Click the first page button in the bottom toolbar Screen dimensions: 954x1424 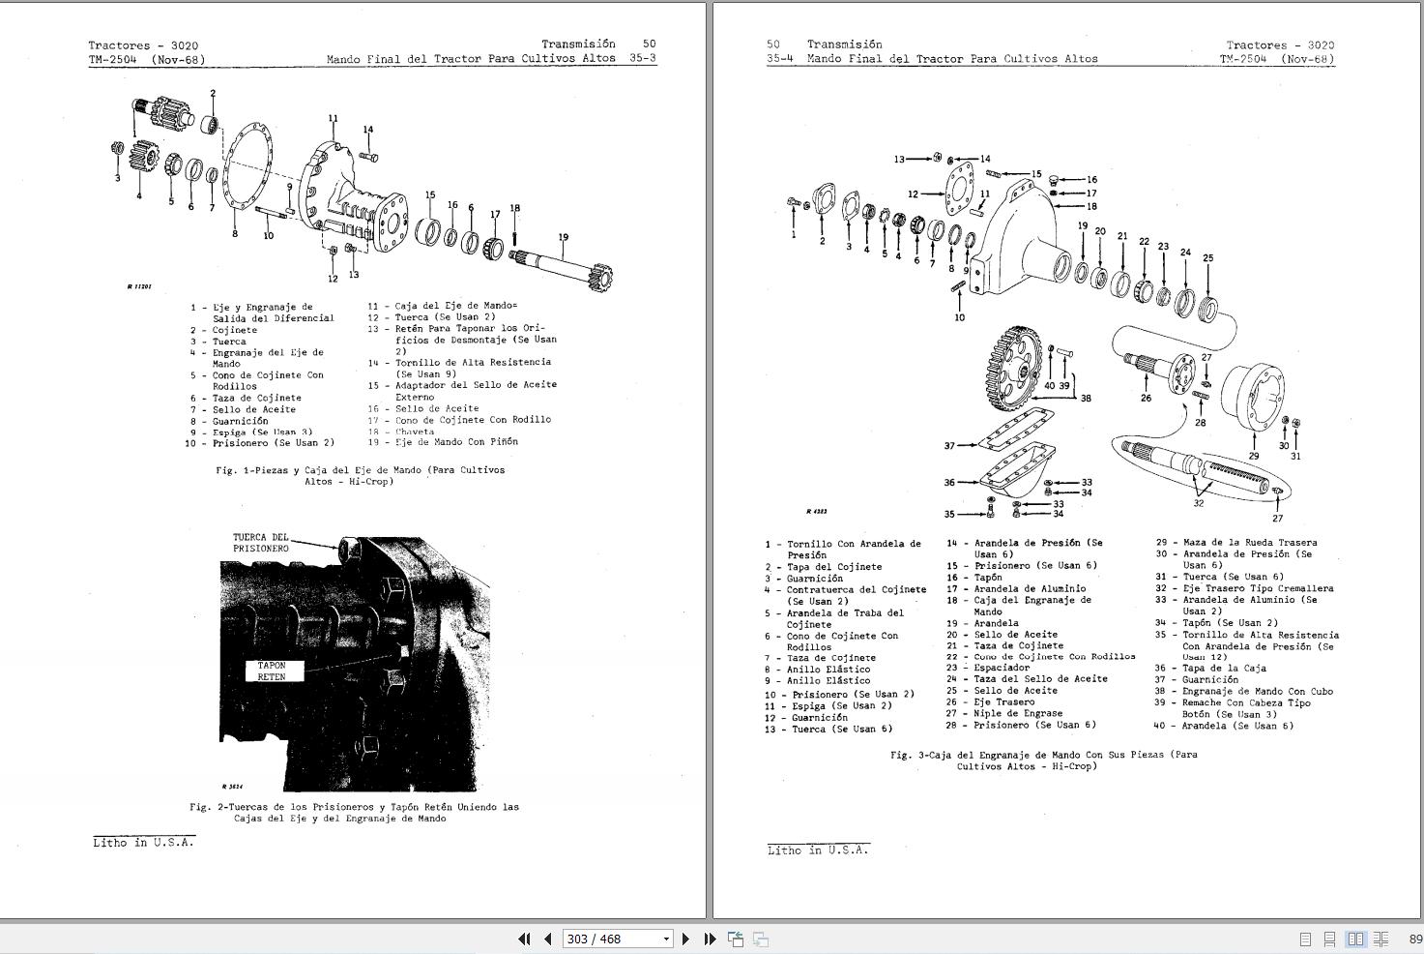(x=524, y=939)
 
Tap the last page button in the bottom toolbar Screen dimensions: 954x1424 (x=710, y=939)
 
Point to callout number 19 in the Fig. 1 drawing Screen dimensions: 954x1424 (x=563, y=237)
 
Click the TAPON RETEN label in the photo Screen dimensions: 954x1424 (x=272, y=671)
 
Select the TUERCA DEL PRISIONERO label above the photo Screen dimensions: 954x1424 (x=260, y=543)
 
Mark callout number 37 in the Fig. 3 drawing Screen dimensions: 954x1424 (x=949, y=446)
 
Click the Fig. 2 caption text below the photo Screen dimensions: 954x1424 (x=354, y=813)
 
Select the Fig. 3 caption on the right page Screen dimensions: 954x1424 (x=1043, y=760)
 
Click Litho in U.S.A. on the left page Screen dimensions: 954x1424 (x=143, y=843)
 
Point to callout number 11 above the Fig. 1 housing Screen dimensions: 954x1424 (x=333, y=119)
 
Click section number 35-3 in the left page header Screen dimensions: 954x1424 (x=642, y=58)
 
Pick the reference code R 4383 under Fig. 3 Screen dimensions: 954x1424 (x=816, y=511)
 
